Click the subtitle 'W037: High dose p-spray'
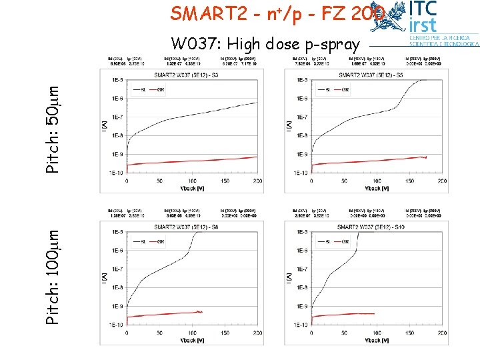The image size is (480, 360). (x=265, y=45)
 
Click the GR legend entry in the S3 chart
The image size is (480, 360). (x=159, y=89)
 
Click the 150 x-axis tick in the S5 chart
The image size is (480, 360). (x=409, y=181)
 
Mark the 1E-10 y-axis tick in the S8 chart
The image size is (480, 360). (x=115, y=325)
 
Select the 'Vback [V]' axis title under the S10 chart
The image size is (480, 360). (x=376, y=340)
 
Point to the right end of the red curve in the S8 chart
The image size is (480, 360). (x=201, y=311)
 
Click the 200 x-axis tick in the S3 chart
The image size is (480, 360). (x=258, y=181)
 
